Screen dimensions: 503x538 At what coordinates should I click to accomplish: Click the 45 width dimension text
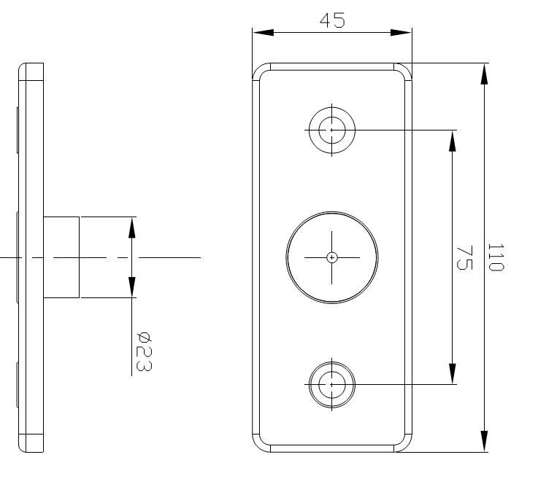pos(333,20)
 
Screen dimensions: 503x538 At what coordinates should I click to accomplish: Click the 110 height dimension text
pos(496,257)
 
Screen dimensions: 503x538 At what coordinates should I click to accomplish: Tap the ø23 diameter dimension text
pos(145,351)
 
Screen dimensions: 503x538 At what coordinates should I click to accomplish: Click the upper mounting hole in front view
pos(331,130)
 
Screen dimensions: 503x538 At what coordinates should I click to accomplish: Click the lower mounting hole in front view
pos(331,383)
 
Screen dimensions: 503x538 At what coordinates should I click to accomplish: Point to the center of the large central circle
pos(332,257)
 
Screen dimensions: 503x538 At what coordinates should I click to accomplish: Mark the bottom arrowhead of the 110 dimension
pos(484,441)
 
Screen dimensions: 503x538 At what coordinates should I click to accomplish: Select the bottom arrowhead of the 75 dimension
pos(453,373)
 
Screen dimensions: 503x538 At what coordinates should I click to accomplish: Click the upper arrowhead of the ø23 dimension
pos(132,227)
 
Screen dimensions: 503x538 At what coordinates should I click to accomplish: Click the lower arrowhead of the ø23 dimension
pos(132,286)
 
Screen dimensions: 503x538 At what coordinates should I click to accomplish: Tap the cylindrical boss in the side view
pos(61,257)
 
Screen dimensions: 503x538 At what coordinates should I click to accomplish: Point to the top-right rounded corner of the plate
pos(404,71)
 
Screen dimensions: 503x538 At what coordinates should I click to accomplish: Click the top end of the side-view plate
pos(31,66)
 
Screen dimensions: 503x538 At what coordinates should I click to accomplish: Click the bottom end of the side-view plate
pos(31,449)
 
